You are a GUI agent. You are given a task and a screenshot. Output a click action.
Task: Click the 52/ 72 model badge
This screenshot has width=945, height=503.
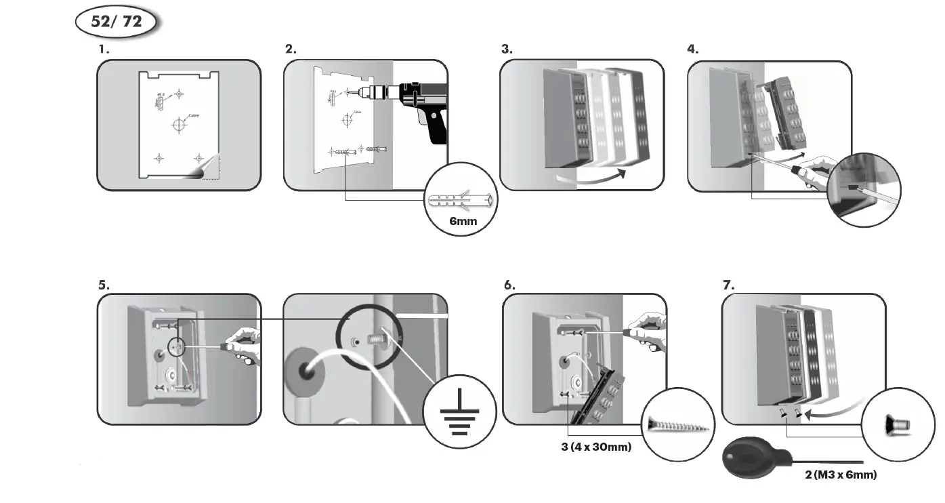[x=116, y=22]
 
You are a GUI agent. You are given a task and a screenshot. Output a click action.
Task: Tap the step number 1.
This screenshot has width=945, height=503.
[x=103, y=49]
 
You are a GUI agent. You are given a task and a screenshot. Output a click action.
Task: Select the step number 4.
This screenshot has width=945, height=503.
[x=692, y=49]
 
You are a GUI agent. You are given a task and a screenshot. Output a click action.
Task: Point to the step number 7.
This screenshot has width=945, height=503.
[x=728, y=285]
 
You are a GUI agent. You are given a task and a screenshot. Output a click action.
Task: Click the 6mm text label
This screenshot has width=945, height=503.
[x=463, y=221]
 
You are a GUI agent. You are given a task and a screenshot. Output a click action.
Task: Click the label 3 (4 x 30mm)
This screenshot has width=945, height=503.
[x=596, y=447]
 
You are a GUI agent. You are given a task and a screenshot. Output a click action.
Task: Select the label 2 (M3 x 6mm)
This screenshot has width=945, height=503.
[x=841, y=475]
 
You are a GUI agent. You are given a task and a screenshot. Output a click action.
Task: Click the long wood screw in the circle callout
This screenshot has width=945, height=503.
[x=678, y=425]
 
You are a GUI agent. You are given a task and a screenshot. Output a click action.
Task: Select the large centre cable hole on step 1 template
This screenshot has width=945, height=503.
[x=179, y=125]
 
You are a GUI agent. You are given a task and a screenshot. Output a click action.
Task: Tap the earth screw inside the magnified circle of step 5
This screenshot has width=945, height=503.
[x=375, y=338]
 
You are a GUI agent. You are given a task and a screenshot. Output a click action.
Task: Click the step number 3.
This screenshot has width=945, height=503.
[x=507, y=49]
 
